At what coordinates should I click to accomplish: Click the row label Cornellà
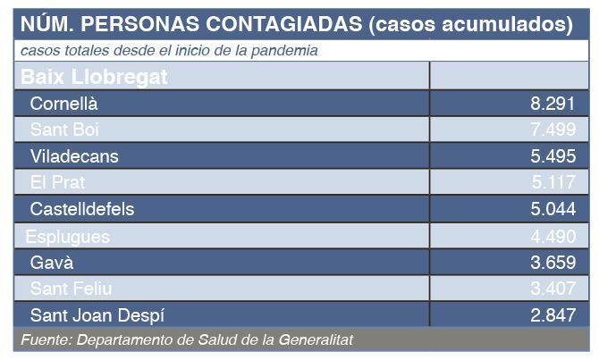(x=63, y=103)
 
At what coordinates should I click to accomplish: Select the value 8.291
(x=553, y=103)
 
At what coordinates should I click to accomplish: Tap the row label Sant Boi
(x=63, y=130)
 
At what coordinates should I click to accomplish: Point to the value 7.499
(x=553, y=130)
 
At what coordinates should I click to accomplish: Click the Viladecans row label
(x=74, y=156)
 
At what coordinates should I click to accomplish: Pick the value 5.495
(x=553, y=156)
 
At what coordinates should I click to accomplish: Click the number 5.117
(x=553, y=182)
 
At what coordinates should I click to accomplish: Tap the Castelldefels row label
(x=81, y=209)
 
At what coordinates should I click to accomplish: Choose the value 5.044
(x=553, y=209)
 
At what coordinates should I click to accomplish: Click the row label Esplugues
(x=67, y=236)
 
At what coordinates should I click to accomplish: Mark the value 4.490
(x=553, y=236)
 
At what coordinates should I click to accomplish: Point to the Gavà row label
(x=52, y=263)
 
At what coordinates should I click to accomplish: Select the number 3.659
(x=553, y=263)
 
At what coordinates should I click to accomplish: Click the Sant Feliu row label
(x=71, y=289)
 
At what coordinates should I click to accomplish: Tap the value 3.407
(x=553, y=289)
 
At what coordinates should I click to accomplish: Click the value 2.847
(x=553, y=315)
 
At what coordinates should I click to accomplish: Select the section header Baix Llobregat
(x=94, y=76)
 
